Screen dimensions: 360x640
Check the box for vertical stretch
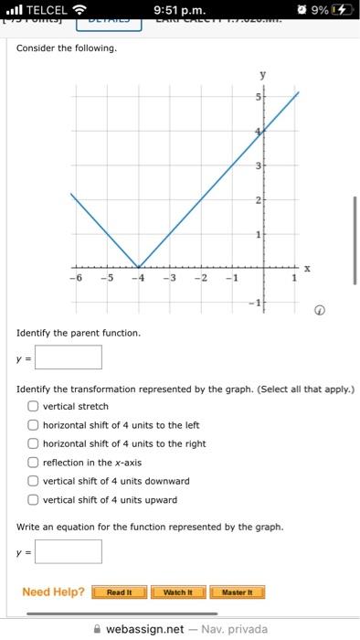[33, 406]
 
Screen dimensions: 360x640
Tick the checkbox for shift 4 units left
[33, 425]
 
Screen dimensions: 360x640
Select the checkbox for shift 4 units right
[33, 443]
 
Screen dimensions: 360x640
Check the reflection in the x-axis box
[33, 463]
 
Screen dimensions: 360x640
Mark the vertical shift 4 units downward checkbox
[33, 481]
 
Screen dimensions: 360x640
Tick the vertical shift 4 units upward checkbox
[33, 500]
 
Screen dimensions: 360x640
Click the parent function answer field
[69, 357]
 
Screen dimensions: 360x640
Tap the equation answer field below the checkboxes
[69, 551]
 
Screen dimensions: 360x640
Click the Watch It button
[176, 592]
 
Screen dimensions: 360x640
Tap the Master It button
[238, 592]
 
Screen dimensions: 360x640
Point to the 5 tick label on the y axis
[259, 96]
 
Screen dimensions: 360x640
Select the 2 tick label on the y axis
[259, 199]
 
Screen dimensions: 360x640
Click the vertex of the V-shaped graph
[138, 266]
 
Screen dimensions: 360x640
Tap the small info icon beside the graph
[319, 309]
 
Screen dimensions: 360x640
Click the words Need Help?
[53, 592]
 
